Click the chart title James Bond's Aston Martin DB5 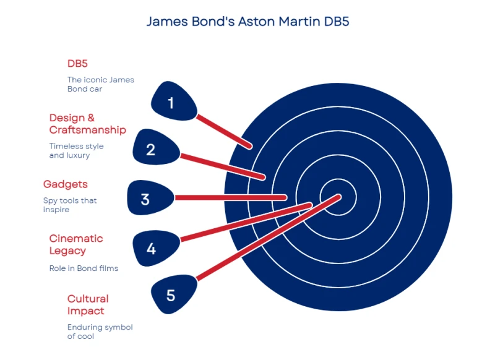click(248, 22)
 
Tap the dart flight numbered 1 click(173, 101)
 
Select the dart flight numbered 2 click(156, 148)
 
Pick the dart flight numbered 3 click(150, 198)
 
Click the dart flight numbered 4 click(156, 248)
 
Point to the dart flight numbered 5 click(173, 294)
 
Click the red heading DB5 click(77, 64)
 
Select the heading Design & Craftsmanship click(87, 124)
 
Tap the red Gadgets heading click(66, 184)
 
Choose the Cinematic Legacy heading click(76, 244)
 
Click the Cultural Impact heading click(88, 304)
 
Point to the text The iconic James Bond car click(101, 84)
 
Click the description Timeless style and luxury click(76, 150)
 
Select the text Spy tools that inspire click(70, 205)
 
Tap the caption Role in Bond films click(84, 268)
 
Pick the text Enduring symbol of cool click(100, 332)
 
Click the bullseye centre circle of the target click(338, 197)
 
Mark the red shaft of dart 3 click(231, 198)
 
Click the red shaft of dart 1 click(224, 132)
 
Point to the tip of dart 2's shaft click(263, 178)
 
